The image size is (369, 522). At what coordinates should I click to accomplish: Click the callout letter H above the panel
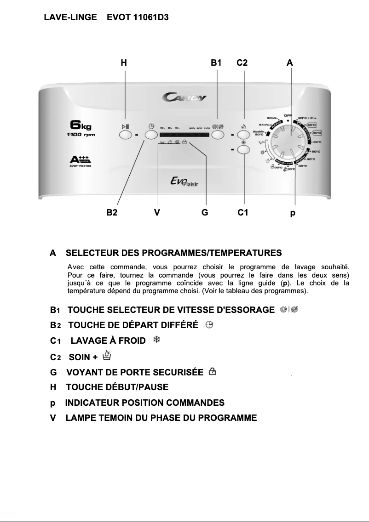point(124,63)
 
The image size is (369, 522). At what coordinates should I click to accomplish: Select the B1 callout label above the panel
point(216,63)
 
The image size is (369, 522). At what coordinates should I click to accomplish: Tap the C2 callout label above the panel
point(242,63)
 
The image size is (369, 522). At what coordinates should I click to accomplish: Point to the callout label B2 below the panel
point(112,212)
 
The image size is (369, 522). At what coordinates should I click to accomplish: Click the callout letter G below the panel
point(205,212)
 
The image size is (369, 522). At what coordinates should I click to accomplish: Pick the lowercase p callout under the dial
point(293,213)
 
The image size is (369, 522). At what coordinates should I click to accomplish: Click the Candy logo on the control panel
point(184,97)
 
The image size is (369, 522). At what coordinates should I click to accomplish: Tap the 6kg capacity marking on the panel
point(80,125)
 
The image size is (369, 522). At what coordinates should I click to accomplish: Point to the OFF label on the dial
point(288,115)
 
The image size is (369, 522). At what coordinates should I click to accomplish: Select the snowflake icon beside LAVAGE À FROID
point(156,340)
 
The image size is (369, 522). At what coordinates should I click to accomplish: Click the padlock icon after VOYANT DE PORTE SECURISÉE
point(212,371)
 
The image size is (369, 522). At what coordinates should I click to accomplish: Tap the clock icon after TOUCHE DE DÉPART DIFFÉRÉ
point(209,325)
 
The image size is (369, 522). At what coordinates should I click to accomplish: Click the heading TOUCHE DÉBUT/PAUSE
point(117,387)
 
